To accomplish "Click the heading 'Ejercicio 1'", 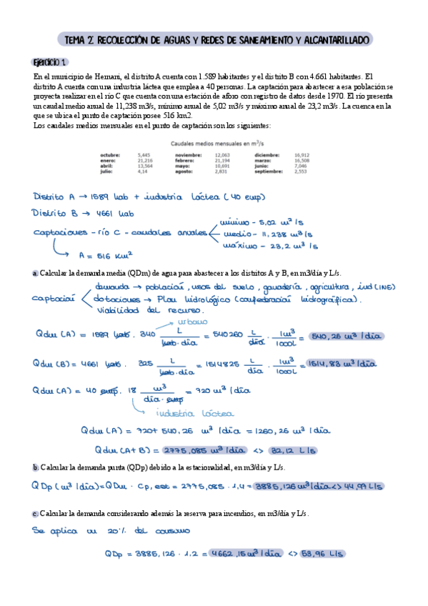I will tap(51, 61).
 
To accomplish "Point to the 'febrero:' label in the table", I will tap(186, 160).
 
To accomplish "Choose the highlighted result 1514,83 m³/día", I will tap(340, 363).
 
